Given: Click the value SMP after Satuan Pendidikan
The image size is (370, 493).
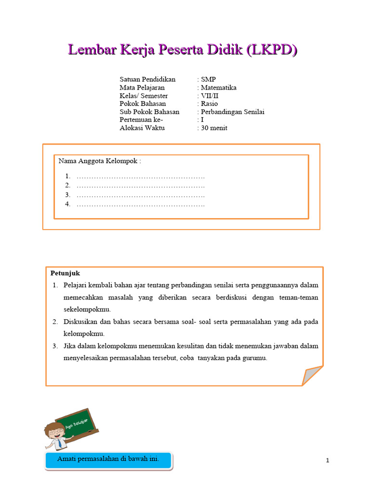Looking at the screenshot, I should coord(209,79).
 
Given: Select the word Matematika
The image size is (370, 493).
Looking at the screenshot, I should coord(219,88).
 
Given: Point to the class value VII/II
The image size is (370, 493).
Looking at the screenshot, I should coord(210,96).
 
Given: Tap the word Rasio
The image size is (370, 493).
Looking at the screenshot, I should coord(210,104).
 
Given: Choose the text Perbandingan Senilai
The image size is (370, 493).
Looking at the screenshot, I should coord(233,112).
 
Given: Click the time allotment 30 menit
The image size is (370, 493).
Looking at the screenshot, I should coord(214,128).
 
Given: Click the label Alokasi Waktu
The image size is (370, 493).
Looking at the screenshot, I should coord(142,128).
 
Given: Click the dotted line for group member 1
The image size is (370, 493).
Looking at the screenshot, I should coord(141,176).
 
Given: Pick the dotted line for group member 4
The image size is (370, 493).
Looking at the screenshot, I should coord(141,205).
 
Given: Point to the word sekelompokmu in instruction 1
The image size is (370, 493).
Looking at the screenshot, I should coord(87,309).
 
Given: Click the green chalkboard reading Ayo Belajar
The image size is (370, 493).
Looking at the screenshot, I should coord(77,424).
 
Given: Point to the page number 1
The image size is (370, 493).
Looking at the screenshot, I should coord(328,461).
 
